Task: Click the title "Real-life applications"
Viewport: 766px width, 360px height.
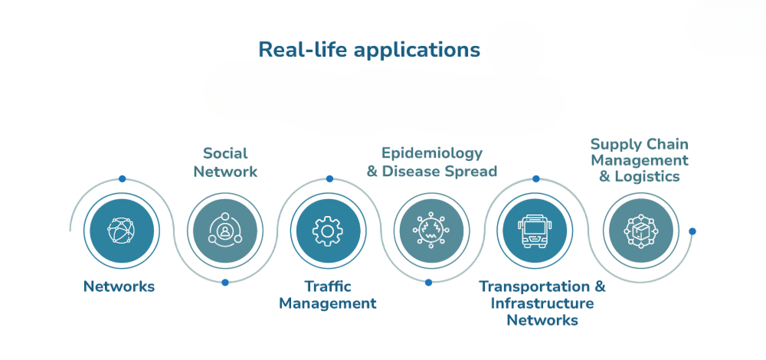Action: point(369,50)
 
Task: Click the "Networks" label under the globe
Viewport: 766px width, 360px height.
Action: point(119,286)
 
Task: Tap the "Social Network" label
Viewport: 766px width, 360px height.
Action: point(225,162)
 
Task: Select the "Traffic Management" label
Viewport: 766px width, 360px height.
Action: point(328,295)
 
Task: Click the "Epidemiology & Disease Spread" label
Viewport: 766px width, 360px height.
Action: point(432,162)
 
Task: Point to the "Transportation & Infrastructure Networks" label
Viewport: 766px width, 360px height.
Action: point(542,303)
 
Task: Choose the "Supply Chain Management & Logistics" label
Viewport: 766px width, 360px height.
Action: point(640,160)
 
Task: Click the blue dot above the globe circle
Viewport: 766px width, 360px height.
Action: point(122,178)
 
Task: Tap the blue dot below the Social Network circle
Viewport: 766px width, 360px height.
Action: point(224,283)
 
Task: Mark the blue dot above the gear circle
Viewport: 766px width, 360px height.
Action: point(329,178)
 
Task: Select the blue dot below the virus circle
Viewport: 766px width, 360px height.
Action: point(428,283)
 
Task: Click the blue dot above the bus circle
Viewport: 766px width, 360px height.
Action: point(535,178)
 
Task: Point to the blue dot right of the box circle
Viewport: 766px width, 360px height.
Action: point(692,231)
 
